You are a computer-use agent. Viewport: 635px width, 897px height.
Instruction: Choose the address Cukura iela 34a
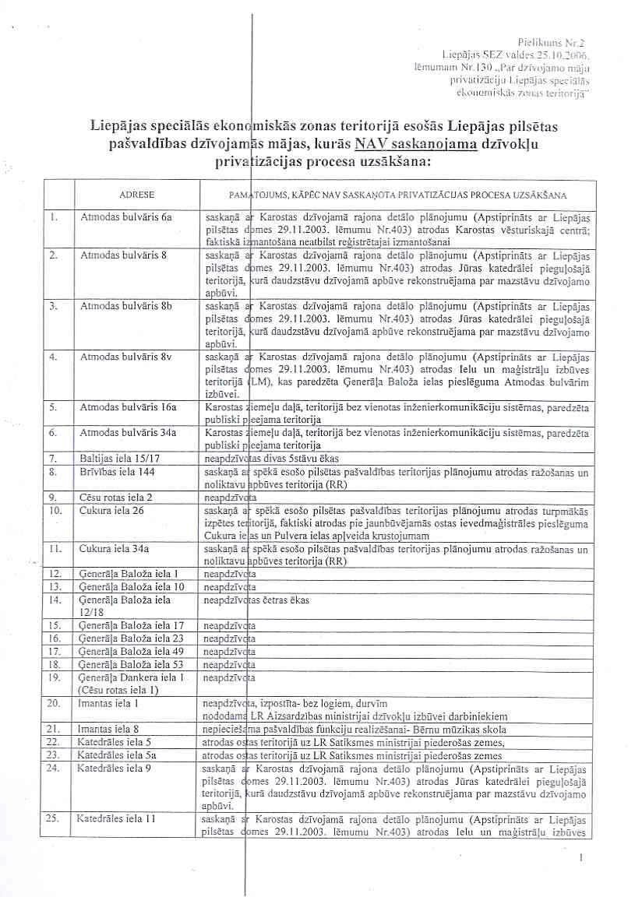[x=115, y=548]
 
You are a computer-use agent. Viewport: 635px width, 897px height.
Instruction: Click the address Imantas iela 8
[x=110, y=730]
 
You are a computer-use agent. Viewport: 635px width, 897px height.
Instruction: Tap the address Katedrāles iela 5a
[x=117, y=755]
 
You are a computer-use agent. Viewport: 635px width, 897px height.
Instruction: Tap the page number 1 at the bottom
[x=581, y=857]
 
